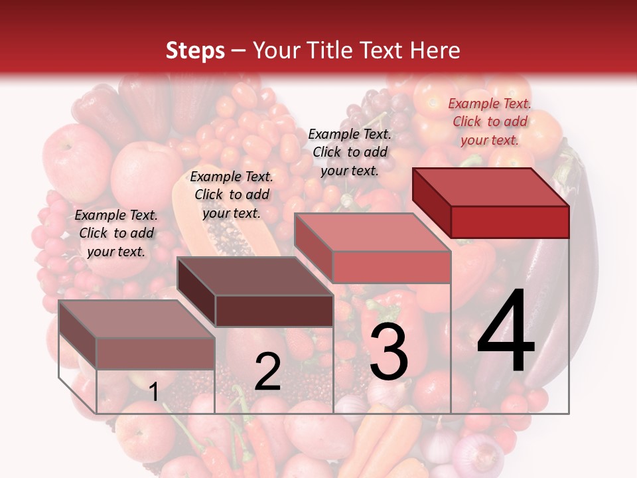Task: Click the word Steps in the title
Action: click(195, 50)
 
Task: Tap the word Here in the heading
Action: click(435, 50)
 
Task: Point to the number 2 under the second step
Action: click(267, 372)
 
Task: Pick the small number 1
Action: click(153, 392)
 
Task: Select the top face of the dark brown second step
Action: click(255, 276)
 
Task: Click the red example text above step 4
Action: click(490, 121)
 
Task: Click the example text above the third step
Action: click(350, 152)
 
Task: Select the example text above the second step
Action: click(232, 195)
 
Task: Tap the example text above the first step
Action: click(116, 233)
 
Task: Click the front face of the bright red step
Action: click(510, 222)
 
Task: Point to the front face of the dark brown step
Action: click(274, 311)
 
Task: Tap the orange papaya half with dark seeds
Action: click(226, 226)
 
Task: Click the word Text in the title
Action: click(388, 50)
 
